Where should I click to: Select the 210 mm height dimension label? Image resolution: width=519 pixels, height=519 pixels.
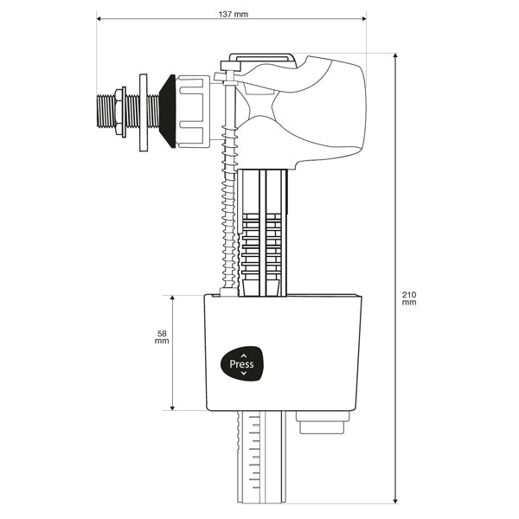pos(409,298)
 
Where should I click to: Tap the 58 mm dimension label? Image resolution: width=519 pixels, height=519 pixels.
pos(161,336)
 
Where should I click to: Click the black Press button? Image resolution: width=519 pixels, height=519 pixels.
pos(242,364)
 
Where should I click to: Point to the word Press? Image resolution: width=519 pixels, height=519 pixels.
pos(242,364)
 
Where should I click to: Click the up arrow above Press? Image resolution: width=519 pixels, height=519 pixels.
pos(243,354)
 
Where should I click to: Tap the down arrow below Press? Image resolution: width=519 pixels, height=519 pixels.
pos(243,374)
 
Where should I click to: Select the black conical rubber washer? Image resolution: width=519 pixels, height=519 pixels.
pos(166,110)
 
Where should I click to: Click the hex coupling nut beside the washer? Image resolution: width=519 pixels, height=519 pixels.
pos(191,110)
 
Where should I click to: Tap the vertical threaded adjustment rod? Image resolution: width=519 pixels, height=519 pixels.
pos(228,216)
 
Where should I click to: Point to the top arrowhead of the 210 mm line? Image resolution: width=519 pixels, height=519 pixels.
pos(396,55)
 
